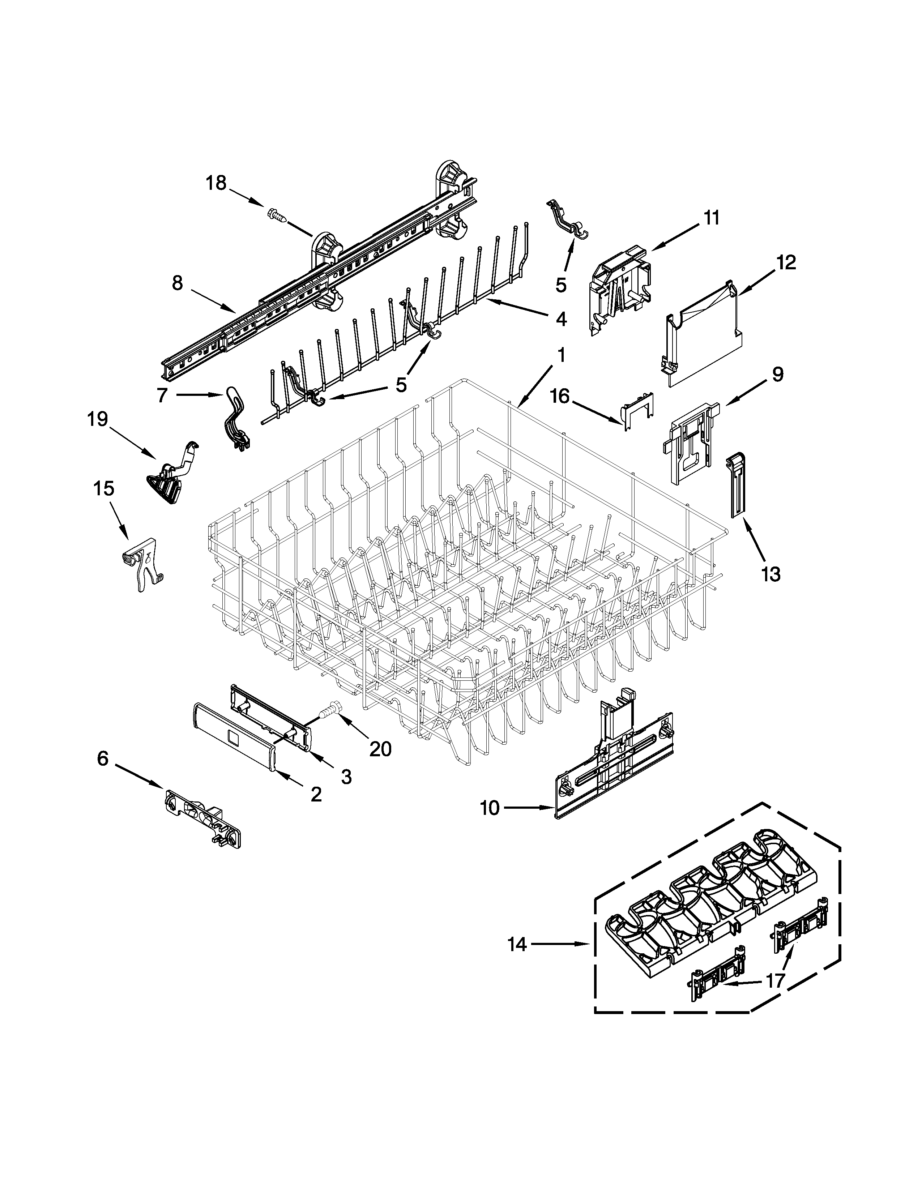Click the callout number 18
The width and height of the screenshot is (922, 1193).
click(216, 183)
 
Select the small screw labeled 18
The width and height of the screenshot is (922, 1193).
click(277, 216)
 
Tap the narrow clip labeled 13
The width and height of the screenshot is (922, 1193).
click(736, 483)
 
